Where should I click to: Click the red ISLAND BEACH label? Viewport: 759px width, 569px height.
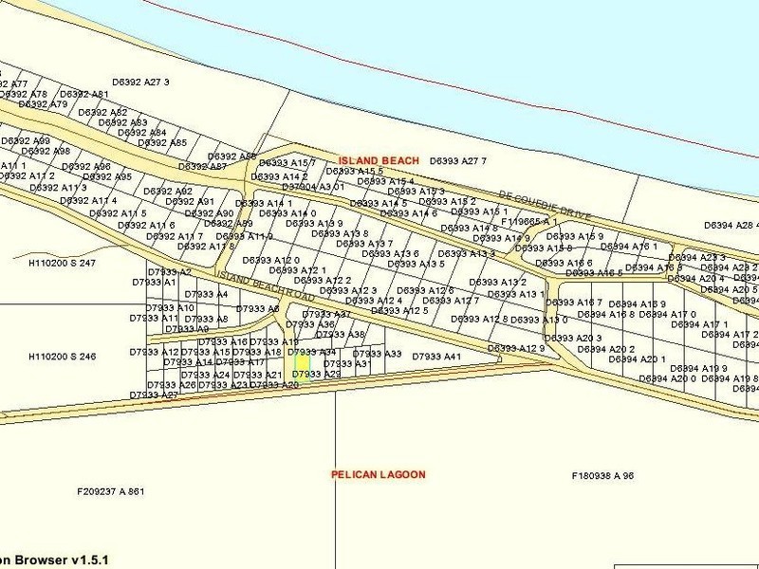379,161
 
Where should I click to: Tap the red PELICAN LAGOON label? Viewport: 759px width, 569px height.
378,473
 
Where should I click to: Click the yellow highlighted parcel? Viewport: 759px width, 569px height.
301,363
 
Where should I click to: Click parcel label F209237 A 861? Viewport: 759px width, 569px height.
110,491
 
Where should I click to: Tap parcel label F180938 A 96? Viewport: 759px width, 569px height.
602,475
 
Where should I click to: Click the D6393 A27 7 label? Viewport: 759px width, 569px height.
457,161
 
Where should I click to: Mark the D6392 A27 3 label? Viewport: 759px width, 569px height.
140,83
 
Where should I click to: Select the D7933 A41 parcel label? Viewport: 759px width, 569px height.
436,356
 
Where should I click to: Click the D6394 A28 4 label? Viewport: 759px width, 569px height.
731,226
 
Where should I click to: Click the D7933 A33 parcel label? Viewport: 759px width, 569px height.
377,354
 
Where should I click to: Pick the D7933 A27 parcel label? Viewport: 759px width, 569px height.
155,395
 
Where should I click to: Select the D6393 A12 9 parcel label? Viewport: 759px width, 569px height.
517,349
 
